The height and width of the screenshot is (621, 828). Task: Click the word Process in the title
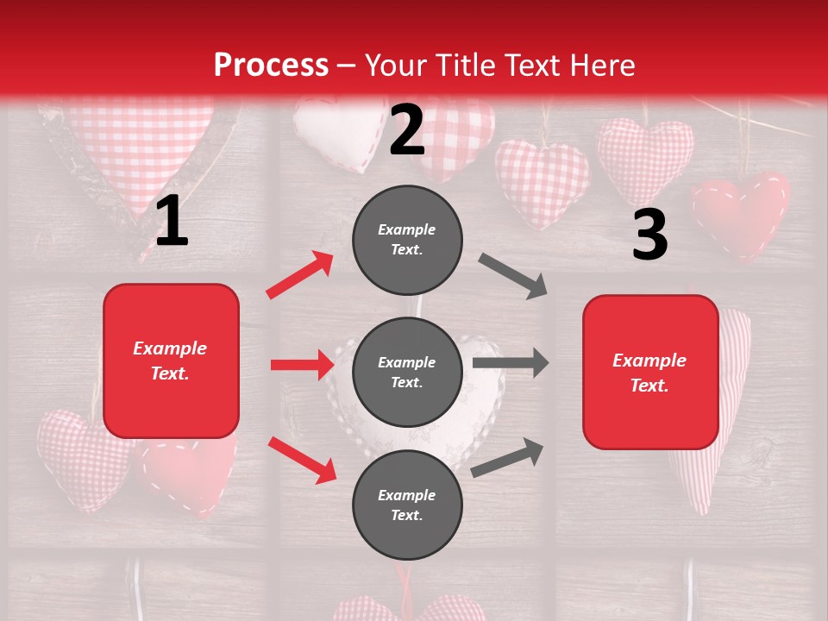[x=271, y=65]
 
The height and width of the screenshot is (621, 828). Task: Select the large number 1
[x=172, y=221]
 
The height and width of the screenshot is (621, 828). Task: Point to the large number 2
[x=407, y=130]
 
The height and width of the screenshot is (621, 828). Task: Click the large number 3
[x=649, y=235]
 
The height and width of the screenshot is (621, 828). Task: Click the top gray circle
[x=407, y=240]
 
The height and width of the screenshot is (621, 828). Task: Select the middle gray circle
[x=407, y=372]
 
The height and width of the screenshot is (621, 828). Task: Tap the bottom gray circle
[x=407, y=505]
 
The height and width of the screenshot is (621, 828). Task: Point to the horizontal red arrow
[x=302, y=365]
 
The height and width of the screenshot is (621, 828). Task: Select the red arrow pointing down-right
[x=302, y=459]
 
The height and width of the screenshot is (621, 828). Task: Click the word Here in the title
[x=602, y=65]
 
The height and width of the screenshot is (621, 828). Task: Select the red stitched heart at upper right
[x=740, y=211]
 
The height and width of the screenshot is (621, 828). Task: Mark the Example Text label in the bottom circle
[x=407, y=505]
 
